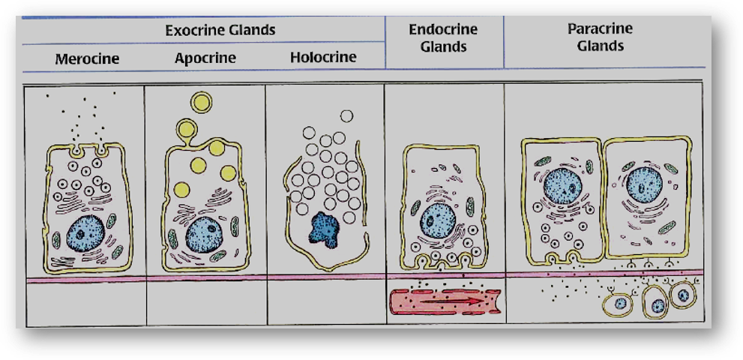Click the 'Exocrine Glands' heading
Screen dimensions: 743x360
click(x=220, y=31)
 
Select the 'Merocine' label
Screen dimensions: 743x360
click(x=87, y=58)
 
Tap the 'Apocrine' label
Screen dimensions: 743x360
click(x=205, y=58)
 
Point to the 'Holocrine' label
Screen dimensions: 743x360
click(x=323, y=57)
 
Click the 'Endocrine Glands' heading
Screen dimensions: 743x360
click(x=443, y=37)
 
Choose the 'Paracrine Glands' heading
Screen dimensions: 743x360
click(x=600, y=37)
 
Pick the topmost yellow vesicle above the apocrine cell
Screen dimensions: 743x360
click(x=201, y=102)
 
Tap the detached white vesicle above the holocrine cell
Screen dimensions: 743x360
click(x=346, y=115)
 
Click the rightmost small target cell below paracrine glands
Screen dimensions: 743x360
click(x=683, y=295)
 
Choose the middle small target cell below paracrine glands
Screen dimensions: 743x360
click(x=657, y=304)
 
